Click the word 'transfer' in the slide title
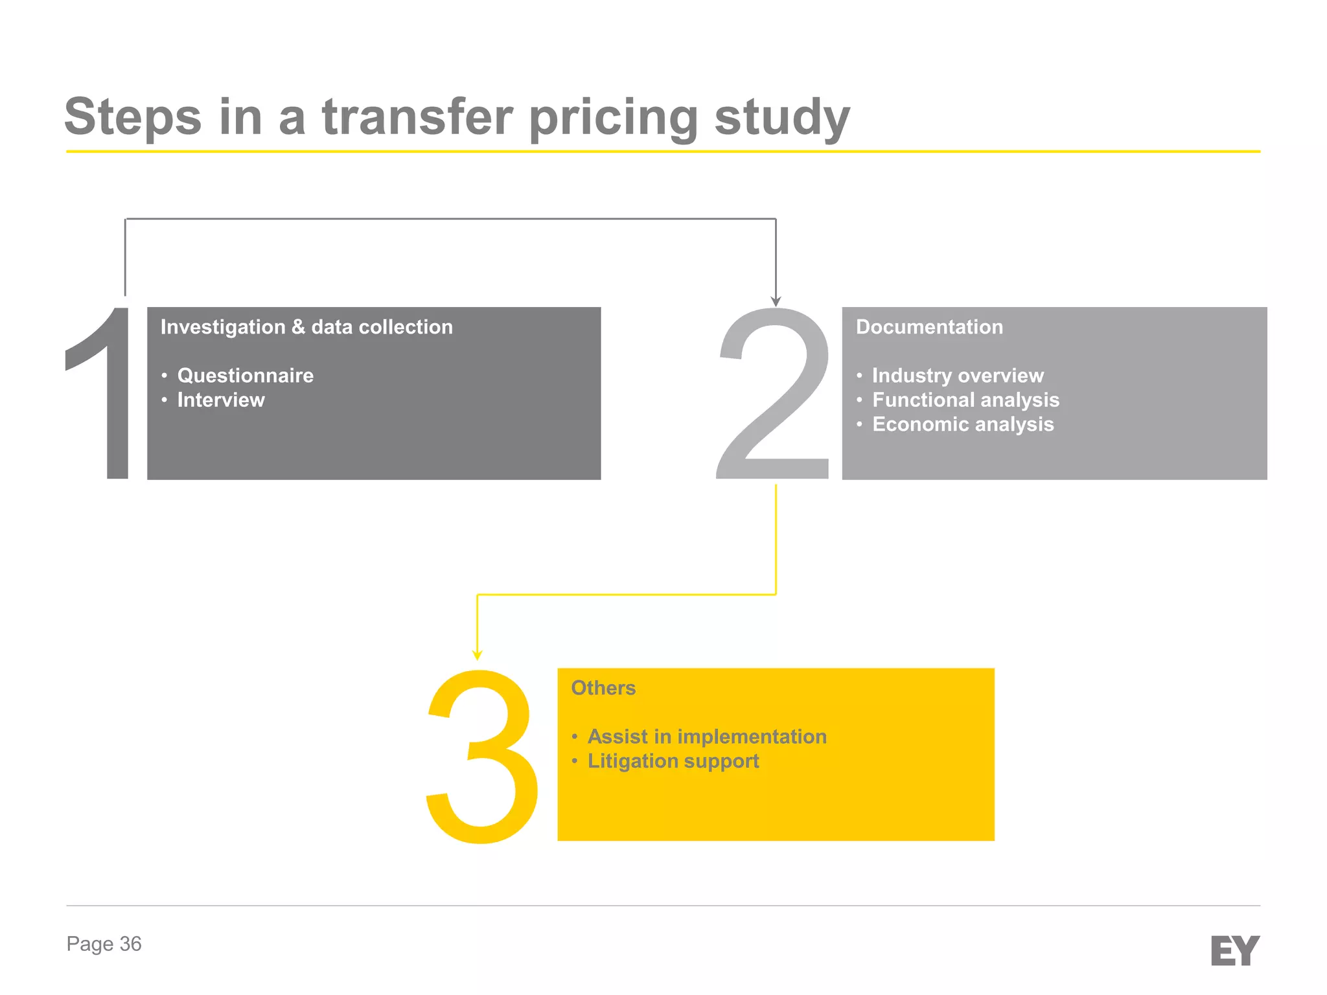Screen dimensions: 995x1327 coord(417,117)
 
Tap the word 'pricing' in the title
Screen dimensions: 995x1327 coord(613,119)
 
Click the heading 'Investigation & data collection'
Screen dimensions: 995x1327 coord(306,327)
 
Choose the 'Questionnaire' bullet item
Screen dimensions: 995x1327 coord(245,376)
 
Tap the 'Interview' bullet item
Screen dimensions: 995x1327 coord(221,400)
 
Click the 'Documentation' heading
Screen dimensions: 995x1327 coord(929,327)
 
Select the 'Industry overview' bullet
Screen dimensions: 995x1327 coord(958,376)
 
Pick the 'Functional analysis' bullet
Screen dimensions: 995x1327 coord(965,400)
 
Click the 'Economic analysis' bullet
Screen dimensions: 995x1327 coord(963,424)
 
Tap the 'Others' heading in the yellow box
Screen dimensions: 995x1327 coord(603,688)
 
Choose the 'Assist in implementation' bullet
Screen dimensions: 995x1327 coord(707,737)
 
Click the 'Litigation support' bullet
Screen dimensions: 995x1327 coord(673,761)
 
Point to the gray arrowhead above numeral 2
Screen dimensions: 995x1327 coord(776,301)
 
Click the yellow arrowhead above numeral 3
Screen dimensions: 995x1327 coord(478,655)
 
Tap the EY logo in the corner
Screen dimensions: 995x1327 coord(1234,950)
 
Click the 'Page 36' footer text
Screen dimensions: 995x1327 coord(104,944)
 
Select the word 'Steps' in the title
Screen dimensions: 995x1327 coord(133,117)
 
